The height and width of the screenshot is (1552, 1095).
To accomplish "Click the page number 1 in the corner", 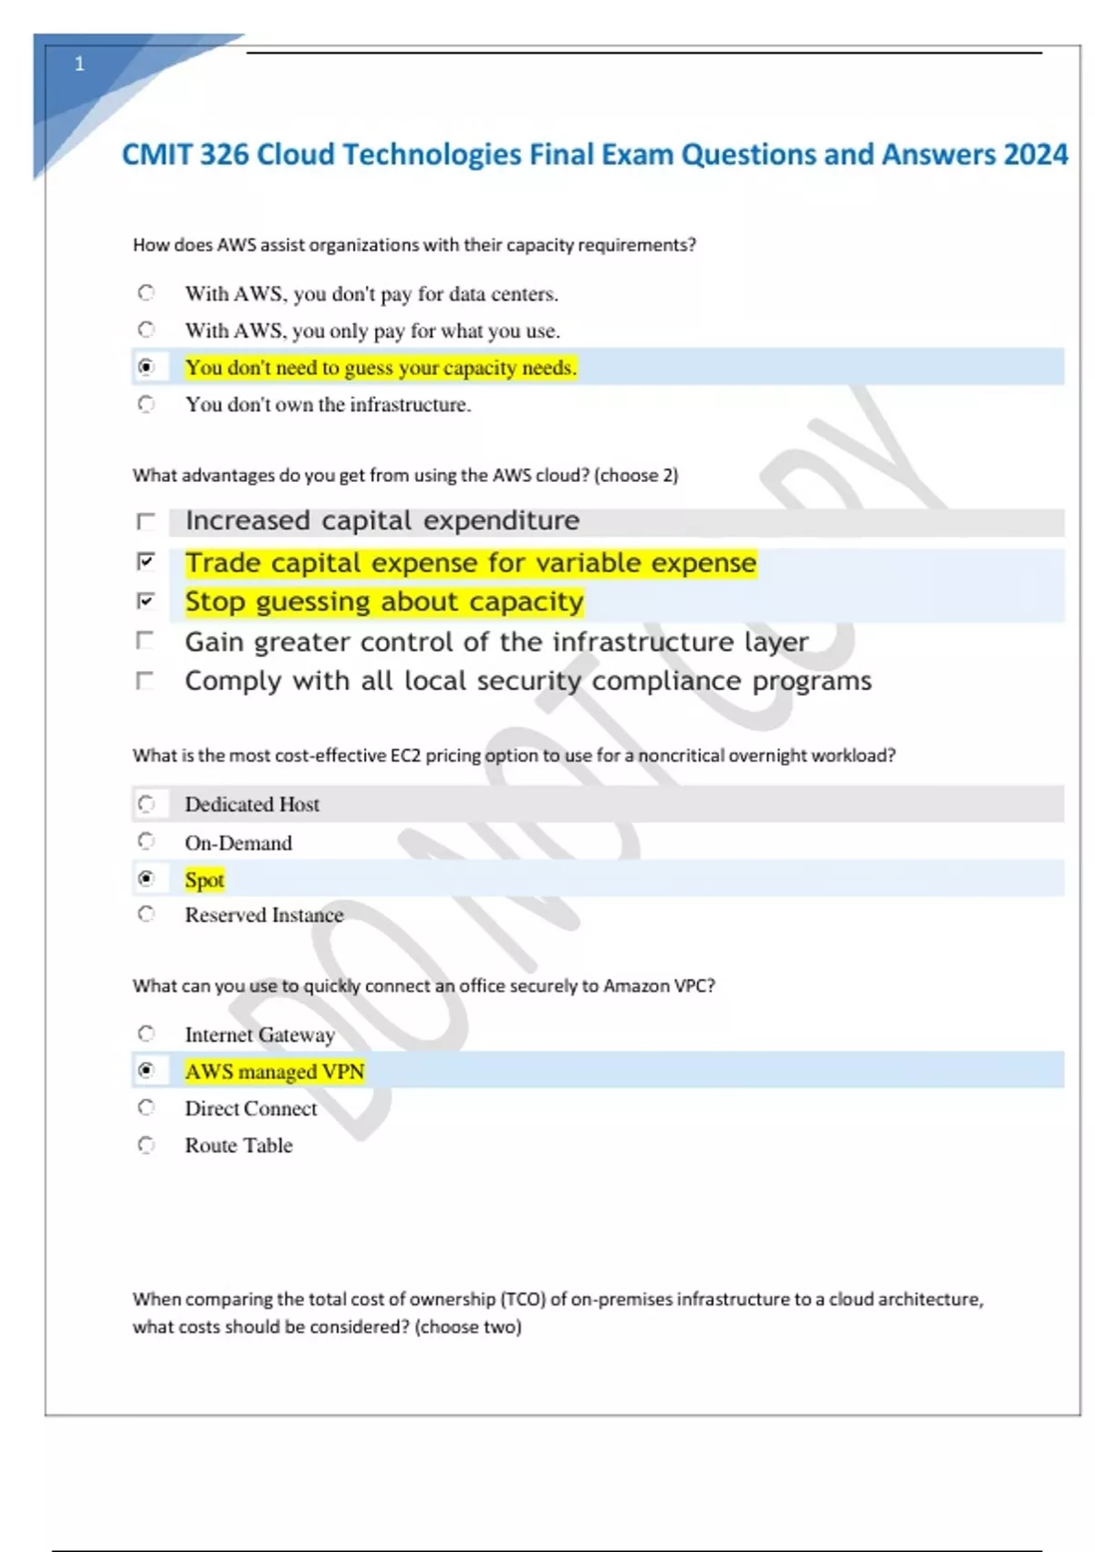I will coord(79,64).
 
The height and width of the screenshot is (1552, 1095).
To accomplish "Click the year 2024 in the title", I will coord(1035,154).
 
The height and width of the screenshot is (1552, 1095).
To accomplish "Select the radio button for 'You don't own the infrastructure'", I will coord(146,404).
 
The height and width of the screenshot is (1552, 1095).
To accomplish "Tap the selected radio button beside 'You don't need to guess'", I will coord(146,367).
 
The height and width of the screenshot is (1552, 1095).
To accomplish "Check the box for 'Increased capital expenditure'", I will coord(145,521).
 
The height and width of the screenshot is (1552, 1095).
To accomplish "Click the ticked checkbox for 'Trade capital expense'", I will coord(145,561).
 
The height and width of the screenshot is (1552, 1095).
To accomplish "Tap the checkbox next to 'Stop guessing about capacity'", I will coord(145,601).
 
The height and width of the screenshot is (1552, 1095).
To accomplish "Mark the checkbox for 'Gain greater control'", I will coord(145,641).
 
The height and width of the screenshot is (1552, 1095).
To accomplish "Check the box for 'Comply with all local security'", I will coord(145,681).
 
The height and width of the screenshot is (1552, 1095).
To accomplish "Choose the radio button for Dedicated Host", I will coord(146,804).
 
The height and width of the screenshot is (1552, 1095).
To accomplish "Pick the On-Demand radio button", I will coord(146,841).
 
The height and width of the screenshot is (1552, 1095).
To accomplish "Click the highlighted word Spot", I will coord(204,880).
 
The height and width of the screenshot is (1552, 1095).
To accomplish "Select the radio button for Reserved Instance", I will coord(146,914).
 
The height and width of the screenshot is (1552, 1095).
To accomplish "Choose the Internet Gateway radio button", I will coord(146,1033).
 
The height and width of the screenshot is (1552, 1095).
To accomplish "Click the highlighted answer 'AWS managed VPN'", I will coord(275,1071).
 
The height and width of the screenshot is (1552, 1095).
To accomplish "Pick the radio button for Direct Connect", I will coord(146,1107).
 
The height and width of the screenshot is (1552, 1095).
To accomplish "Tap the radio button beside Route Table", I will coord(146,1145).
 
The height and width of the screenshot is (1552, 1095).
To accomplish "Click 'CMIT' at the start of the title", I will coord(156,154).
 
